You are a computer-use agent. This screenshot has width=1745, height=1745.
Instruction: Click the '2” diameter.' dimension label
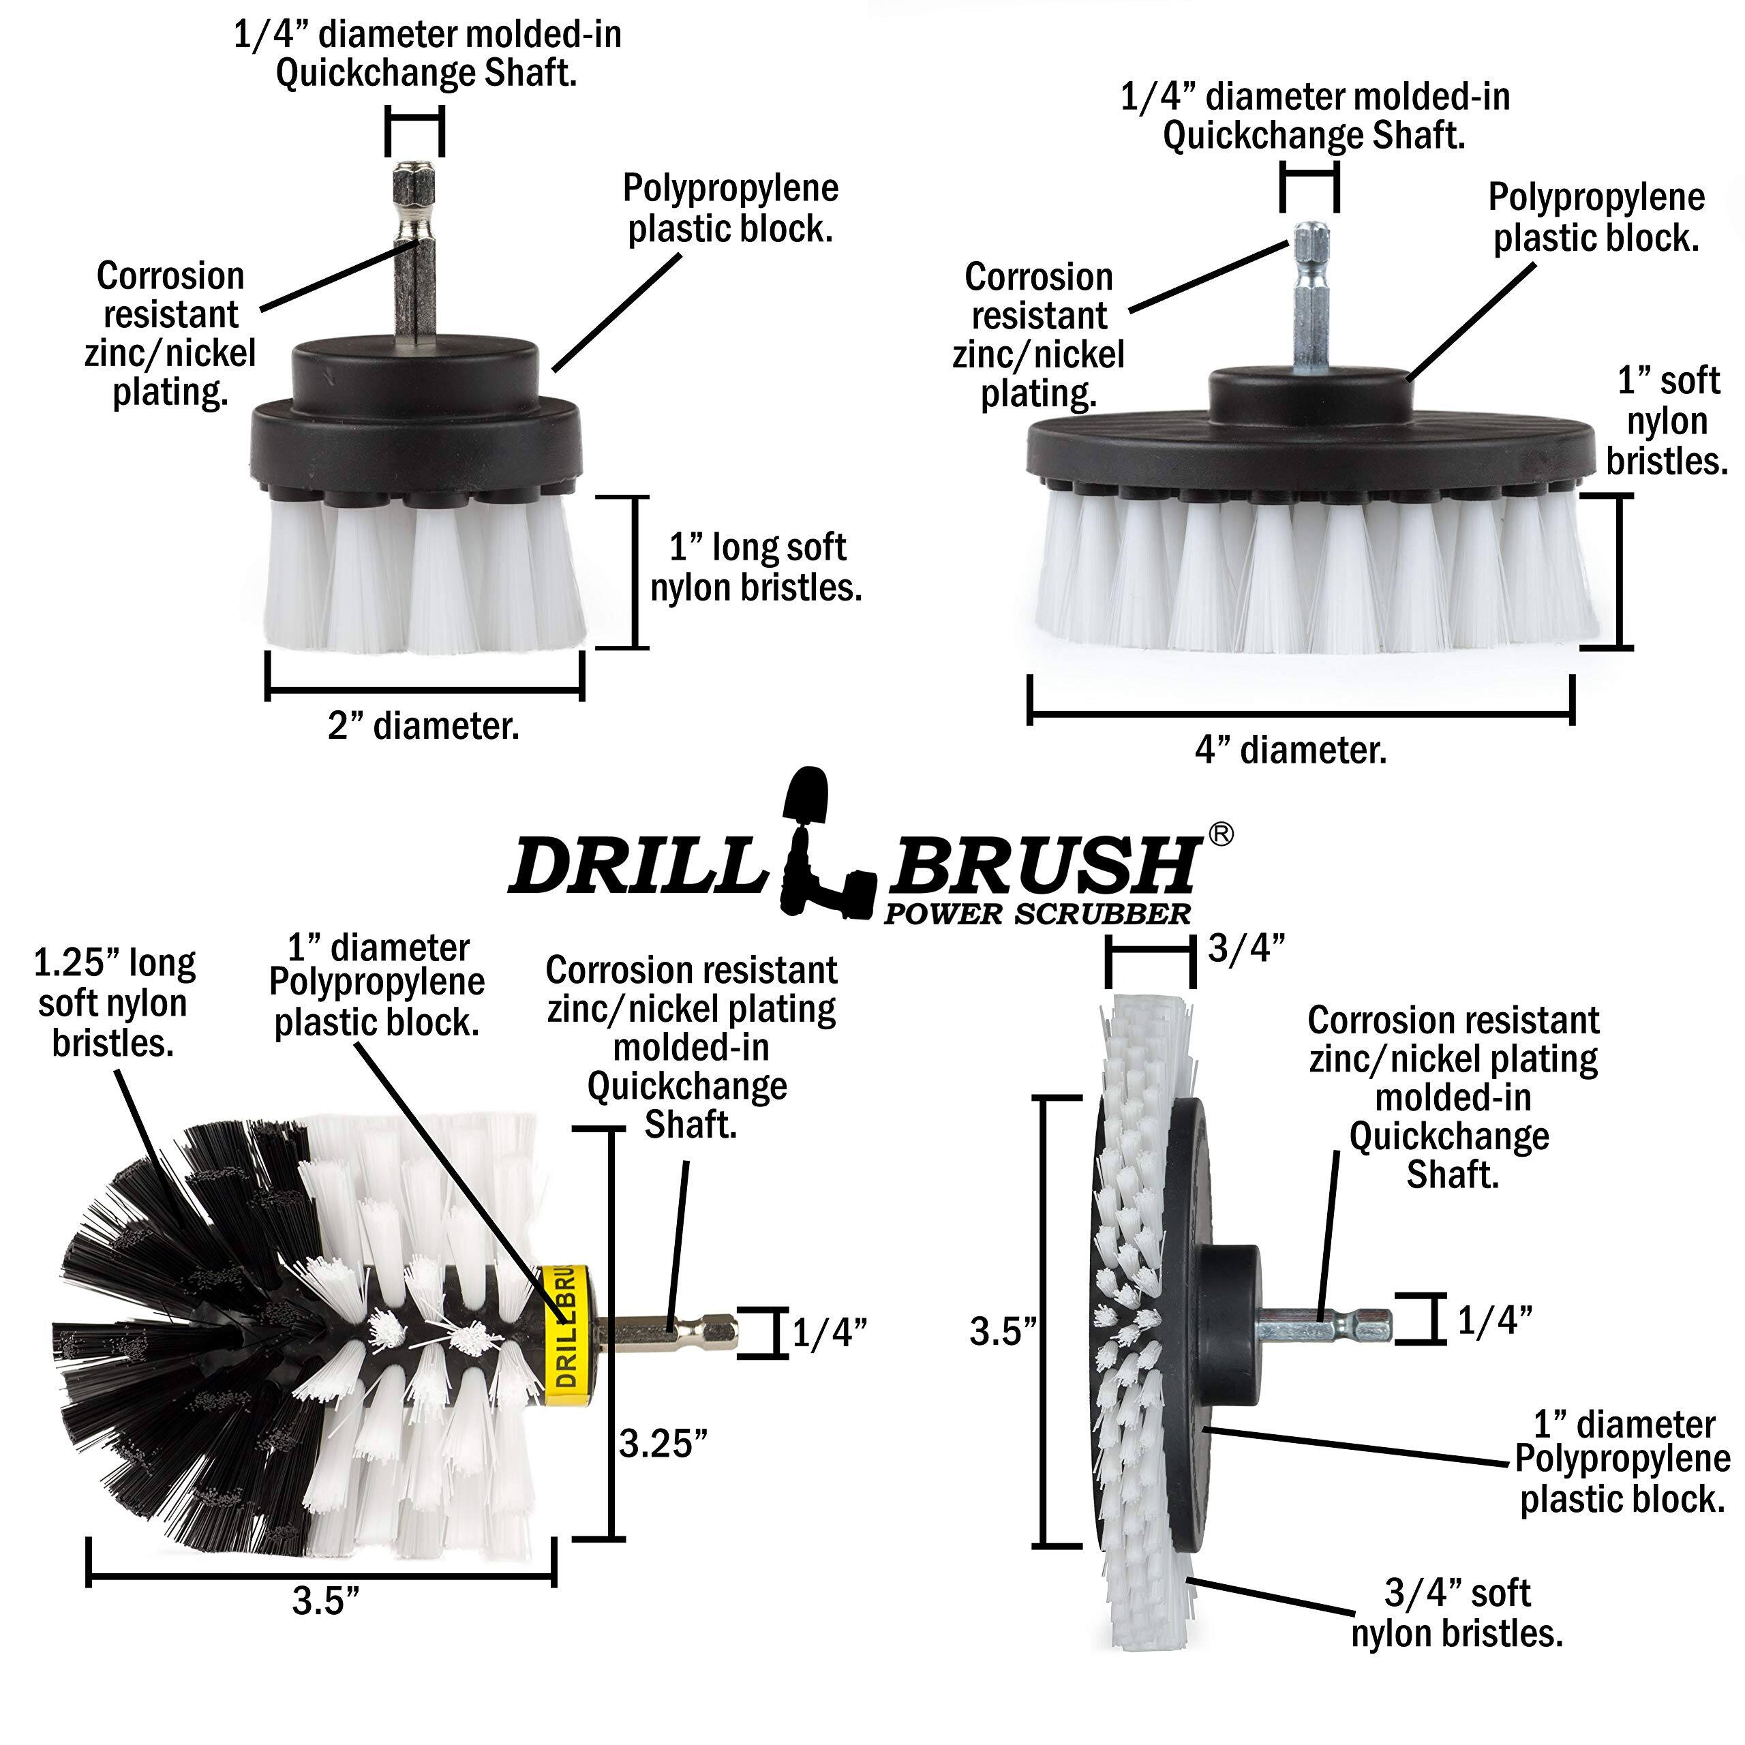423,726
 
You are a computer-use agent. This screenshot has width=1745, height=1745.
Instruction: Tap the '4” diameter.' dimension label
1290,750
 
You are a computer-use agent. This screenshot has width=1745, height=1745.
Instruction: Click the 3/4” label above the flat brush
1247,948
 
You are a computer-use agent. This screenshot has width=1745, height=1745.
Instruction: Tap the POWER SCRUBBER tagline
1037,914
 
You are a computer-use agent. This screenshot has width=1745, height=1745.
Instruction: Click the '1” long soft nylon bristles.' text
756,567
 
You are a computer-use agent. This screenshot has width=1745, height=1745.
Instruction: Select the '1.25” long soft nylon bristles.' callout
114,1003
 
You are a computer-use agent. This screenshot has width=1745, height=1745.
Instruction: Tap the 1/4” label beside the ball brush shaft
829,1332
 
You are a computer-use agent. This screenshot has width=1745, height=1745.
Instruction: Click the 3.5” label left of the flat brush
1003,1331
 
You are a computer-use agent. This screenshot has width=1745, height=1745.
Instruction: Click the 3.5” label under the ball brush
326,1600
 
